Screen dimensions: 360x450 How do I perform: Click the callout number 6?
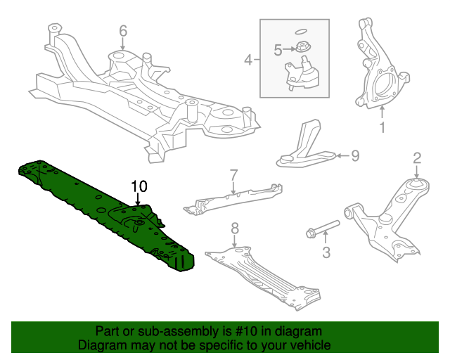point(123,30)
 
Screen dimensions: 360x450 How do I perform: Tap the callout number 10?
point(139,186)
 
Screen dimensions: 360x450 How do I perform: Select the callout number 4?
point(248,60)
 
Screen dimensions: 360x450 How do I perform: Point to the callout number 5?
point(278,49)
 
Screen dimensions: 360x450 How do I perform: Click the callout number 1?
point(382,127)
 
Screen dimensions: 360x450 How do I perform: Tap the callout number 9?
point(354,155)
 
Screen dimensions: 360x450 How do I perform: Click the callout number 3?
point(326,252)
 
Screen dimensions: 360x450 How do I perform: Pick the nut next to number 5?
point(301,49)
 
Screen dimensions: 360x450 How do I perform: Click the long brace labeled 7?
point(232,198)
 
